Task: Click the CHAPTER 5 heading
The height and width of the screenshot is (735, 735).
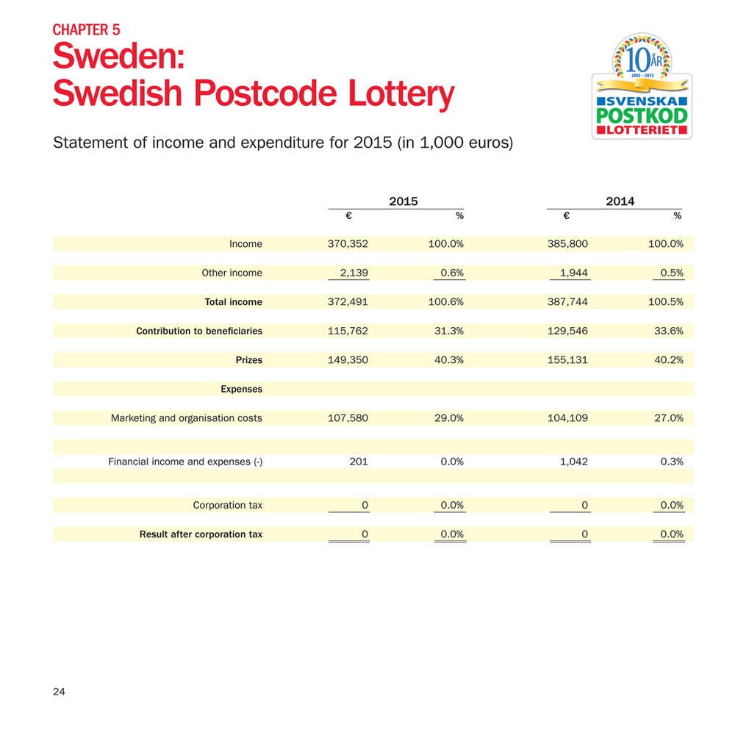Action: [x=86, y=30]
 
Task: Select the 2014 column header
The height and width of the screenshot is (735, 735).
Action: [x=621, y=201]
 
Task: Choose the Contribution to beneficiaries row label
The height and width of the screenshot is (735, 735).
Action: [x=199, y=331]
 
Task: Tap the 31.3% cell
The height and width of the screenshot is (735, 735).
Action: [x=449, y=331]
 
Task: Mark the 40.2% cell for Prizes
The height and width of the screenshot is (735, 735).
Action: [x=668, y=361]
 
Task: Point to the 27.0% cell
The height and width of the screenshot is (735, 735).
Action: [x=668, y=418]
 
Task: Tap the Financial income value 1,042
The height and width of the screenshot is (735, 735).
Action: [x=573, y=462]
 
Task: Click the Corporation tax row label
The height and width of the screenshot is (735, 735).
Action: [x=227, y=505]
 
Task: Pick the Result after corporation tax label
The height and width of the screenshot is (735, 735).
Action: [x=201, y=534]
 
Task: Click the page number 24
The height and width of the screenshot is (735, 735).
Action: [x=59, y=691]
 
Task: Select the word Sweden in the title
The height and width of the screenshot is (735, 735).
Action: [x=112, y=57]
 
